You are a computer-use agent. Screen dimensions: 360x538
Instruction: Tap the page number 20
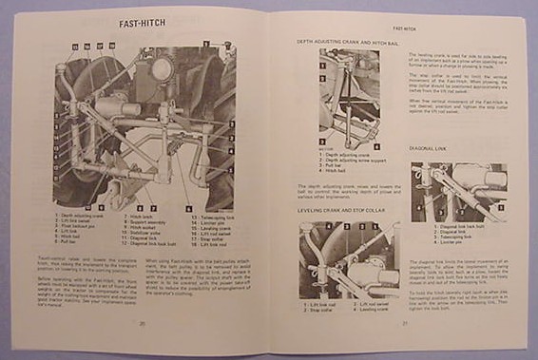tap(140, 324)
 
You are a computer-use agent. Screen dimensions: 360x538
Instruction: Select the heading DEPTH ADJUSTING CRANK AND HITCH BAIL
tap(345, 42)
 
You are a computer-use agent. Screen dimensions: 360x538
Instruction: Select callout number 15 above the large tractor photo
tap(73, 45)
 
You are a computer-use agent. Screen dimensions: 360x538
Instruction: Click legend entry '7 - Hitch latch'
tap(139, 218)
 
